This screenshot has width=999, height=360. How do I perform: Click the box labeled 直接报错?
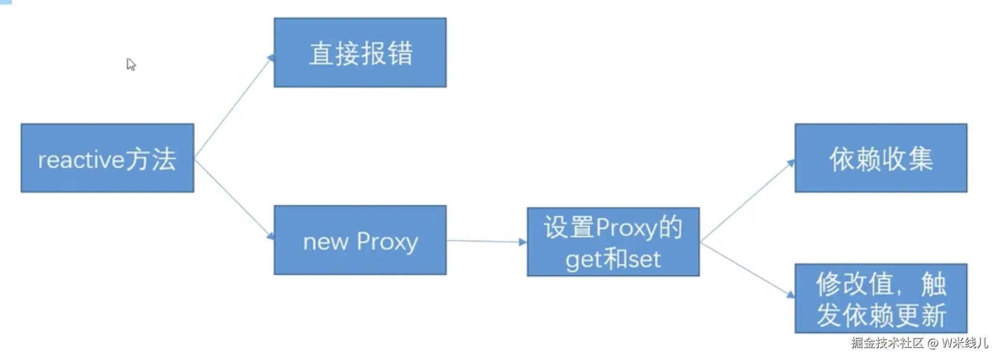[x=360, y=53]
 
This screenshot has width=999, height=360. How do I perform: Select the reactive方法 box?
[x=107, y=158]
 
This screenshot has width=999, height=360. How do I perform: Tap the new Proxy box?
[x=360, y=240]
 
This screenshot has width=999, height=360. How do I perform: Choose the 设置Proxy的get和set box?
[x=613, y=242]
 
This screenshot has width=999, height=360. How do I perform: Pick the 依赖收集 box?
[x=880, y=158]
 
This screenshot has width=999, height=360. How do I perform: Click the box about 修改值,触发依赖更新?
[x=880, y=298]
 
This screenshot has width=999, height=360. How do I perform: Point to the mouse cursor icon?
[x=131, y=64]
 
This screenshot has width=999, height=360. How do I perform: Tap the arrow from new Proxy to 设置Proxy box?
[x=486, y=241]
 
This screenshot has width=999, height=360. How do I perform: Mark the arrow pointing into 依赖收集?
[x=747, y=201]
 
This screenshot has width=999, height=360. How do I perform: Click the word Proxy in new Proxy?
[x=387, y=242]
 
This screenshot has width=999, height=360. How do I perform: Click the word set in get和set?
[x=644, y=260]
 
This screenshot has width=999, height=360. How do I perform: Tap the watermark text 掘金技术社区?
[x=887, y=343]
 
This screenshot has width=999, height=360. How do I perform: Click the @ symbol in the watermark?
[x=932, y=343]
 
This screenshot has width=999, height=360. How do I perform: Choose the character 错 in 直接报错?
[x=400, y=53]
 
